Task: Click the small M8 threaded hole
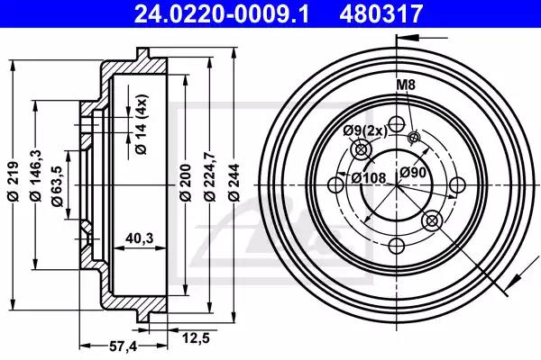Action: [414, 138]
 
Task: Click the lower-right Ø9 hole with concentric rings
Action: [430, 219]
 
